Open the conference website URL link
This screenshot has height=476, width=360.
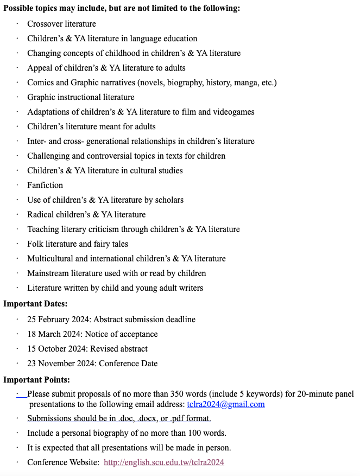point(163,462)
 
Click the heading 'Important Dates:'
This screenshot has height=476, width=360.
point(35,304)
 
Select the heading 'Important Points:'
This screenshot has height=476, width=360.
point(36,380)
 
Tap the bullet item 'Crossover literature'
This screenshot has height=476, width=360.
point(61,24)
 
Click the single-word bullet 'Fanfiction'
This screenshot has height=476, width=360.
point(45,185)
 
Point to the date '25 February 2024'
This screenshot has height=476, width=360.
point(56,320)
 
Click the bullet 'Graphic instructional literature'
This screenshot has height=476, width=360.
point(81,97)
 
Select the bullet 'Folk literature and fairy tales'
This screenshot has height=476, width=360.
point(78,244)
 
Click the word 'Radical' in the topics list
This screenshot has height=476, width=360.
point(40,215)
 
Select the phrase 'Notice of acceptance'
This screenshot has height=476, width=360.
point(121,334)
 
